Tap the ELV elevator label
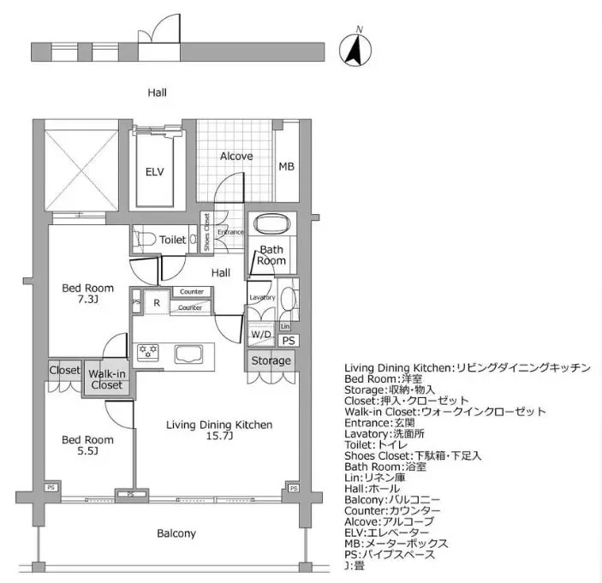pyautogui.click(x=154, y=171)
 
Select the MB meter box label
pyautogui.click(x=286, y=166)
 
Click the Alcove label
pyautogui.click(x=236, y=156)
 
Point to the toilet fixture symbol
pyautogui.click(x=145, y=240)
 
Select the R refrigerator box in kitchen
pyautogui.click(x=157, y=302)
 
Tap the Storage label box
pyautogui.click(x=271, y=360)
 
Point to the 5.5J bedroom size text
pyautogui.click(x=86, y=452)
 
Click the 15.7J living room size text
pyautogui.click(x=219, y=437)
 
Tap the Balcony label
pyautogui.click(x=176, y=533)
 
